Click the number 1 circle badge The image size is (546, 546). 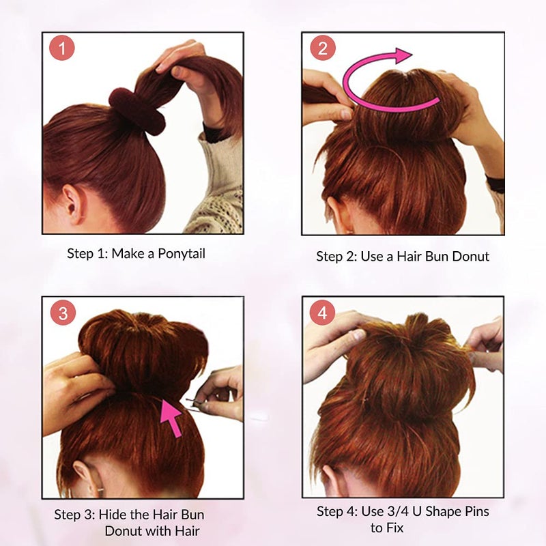(63, 49)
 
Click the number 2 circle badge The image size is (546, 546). (322, 49)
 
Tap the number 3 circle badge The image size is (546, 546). (63, 313)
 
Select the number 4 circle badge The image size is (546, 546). (322, 313)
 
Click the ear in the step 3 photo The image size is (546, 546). (83, 475)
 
